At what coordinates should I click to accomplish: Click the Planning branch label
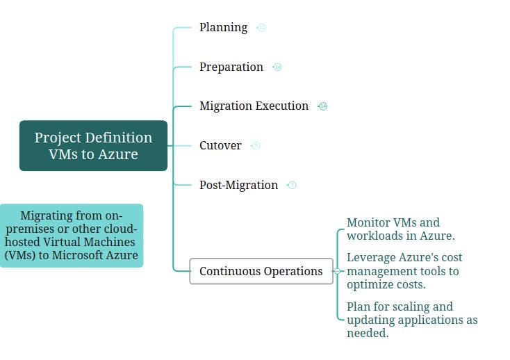pos(223,27)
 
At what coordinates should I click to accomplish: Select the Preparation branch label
pos(231,67)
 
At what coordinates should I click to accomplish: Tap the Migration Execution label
pos(254,106)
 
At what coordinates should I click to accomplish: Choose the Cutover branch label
pos(220,145)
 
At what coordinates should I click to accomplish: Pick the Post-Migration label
pos(238,185)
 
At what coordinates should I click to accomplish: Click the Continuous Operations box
pos(261,271)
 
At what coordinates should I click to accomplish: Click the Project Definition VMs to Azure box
pos(93,145)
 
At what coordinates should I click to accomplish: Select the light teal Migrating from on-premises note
pos(71,235)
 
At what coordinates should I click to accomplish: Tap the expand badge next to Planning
pos(261,28)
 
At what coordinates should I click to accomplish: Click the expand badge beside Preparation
pos(277,67)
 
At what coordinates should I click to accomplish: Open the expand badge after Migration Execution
pos(322,106)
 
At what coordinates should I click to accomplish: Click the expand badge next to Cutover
pos(256,146)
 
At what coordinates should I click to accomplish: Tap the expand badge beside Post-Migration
pos(292,186)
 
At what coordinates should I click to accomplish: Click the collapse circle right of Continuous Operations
pos(338,271)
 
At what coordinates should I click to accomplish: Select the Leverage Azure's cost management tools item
pos(404,271)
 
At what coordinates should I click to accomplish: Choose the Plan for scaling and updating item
pos(411,320)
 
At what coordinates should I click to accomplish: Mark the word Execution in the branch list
pos(282,106)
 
